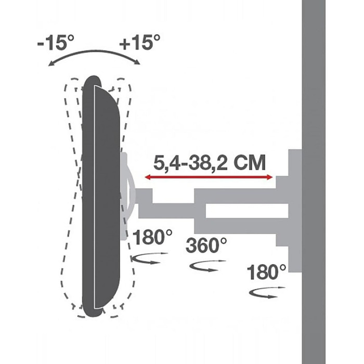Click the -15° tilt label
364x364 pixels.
click(56, 43)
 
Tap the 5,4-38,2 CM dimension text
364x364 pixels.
click(210, 163)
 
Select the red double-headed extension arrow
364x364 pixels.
click(209, 177)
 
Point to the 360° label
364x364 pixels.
click(206, 245)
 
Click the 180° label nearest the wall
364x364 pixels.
click(266, 272)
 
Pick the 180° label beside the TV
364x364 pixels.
click(152, 237)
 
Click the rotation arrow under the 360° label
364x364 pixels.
click(207, 266)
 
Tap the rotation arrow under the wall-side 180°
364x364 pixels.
click(266, 293)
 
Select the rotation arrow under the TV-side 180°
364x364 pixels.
click(149, 258)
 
